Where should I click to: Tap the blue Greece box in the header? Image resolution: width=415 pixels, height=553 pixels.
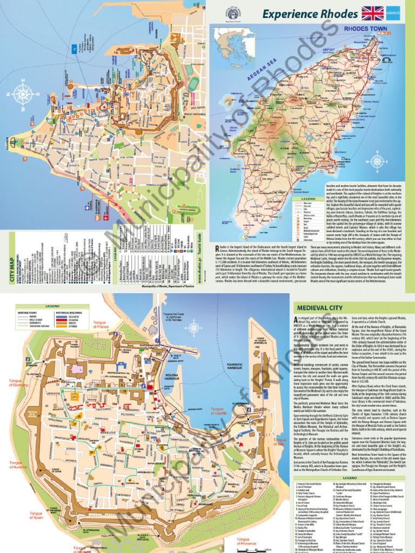(x=399, y=13)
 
